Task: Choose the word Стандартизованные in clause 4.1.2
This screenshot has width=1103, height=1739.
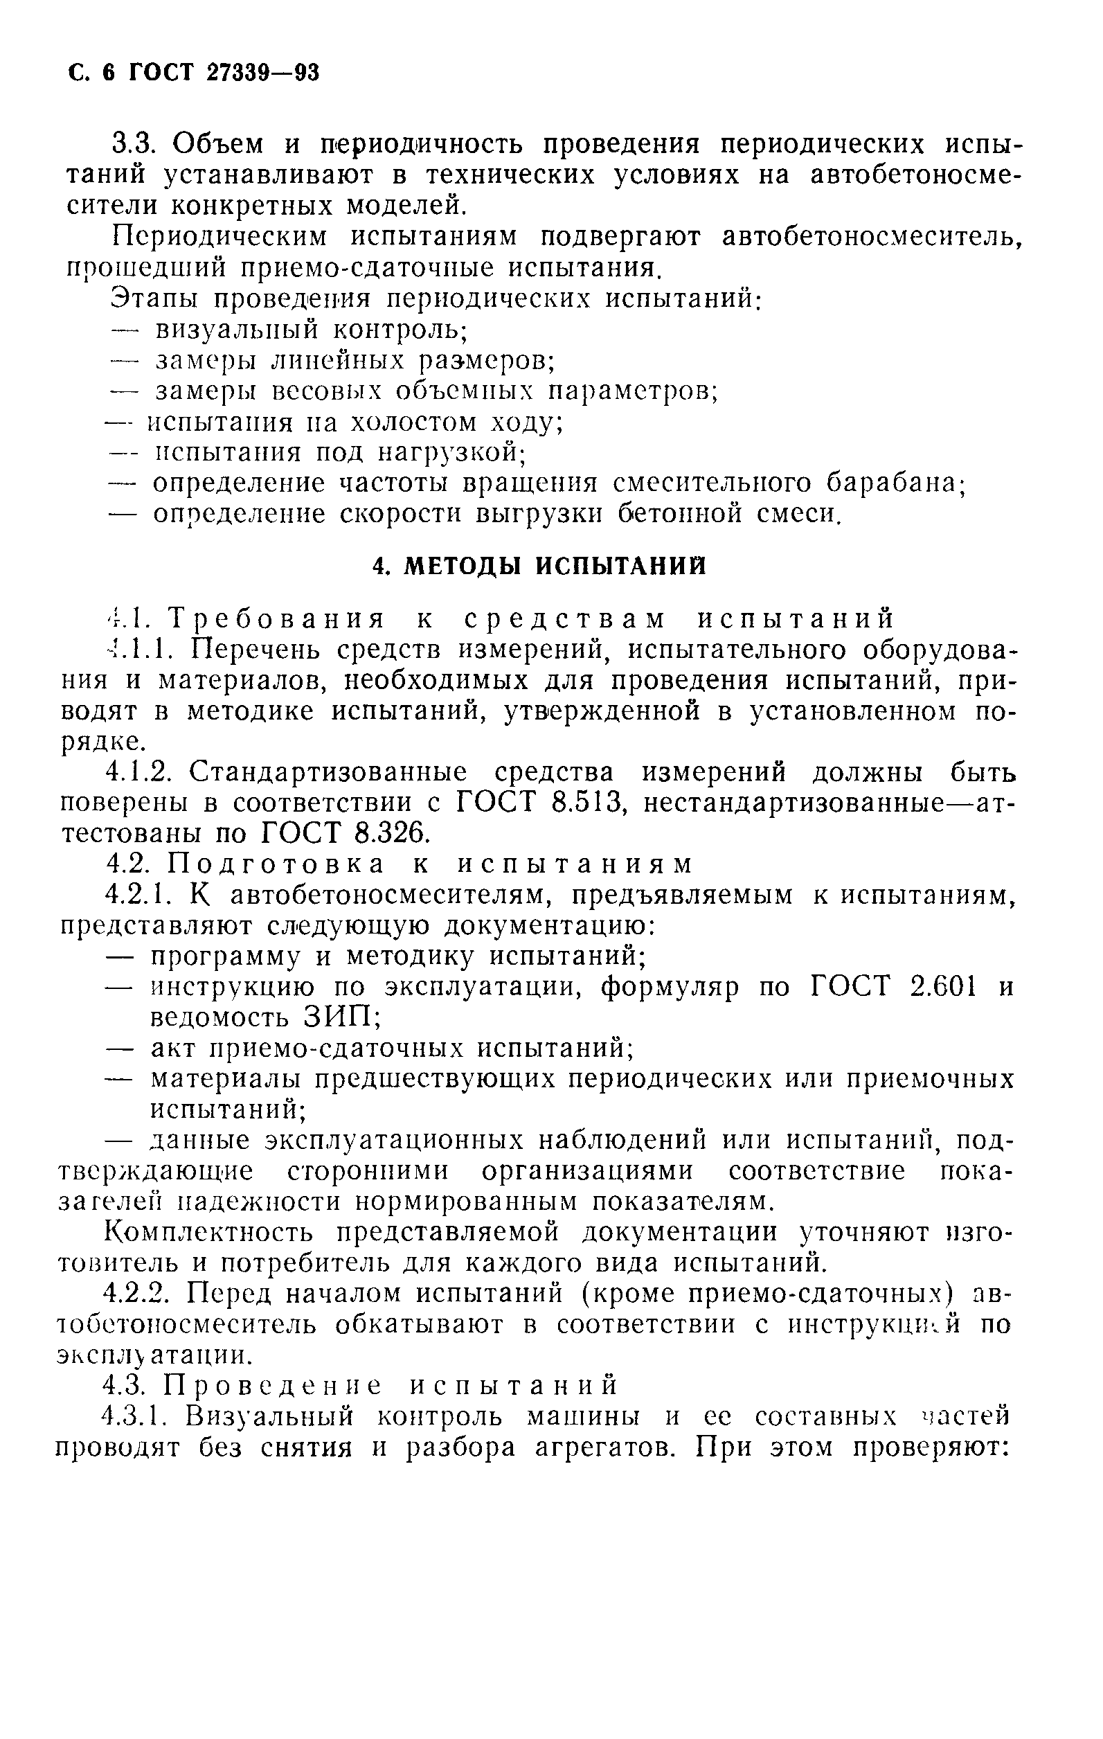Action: point(328,772)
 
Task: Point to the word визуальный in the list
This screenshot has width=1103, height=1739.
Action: point(235,330)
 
